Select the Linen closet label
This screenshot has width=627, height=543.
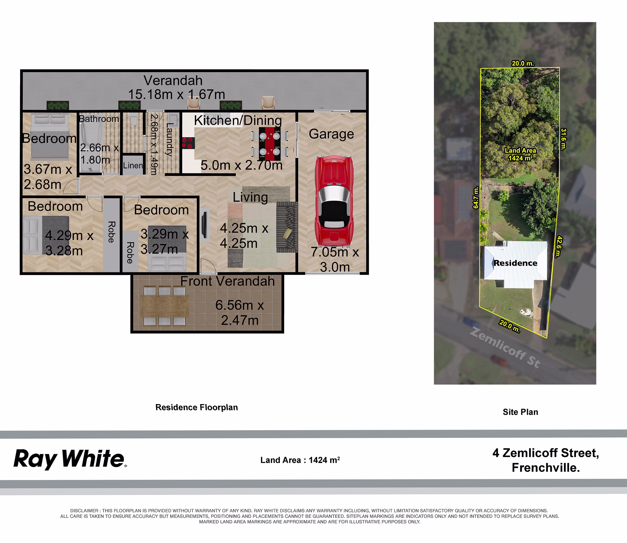click(133, 165)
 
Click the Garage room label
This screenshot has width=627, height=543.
click(331, 134)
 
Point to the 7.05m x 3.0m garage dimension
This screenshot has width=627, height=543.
click(335, 259)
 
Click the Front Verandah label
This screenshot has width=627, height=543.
click(228, 281)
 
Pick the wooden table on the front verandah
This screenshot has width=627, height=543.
click(165, 306)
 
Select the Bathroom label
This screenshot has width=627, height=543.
click(99, 119)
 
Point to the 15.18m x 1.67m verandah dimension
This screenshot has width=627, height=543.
click(177, 94)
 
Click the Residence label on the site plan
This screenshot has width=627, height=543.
click(515, 263)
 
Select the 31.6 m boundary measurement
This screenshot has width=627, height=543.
click(563, 139)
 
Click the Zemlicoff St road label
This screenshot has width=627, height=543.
click(505, 347)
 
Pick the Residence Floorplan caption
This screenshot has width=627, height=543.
click(197, 407)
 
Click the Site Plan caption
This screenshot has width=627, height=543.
click(520, 412)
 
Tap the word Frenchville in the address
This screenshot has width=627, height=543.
click(545, 468)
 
